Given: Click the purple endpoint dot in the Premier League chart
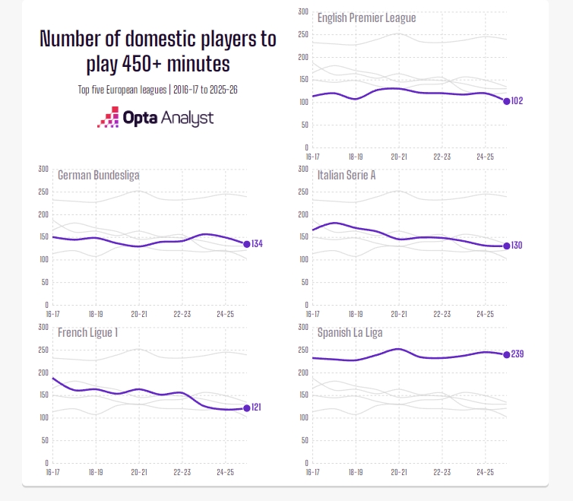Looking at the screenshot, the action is (506, 101).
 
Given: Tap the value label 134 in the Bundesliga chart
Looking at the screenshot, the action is (257, 243).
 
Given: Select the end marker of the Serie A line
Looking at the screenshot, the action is (506, 246).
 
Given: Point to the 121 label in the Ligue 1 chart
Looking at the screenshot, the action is (256, 407).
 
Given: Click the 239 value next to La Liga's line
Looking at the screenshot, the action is (517, 354).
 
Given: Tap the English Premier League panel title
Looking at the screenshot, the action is (366, 18).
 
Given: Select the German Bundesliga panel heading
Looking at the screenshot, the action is (98, 175).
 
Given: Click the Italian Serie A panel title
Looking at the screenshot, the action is (346, 175).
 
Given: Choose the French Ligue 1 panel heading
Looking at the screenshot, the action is (87, 333).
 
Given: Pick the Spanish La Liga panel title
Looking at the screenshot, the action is (350, 333).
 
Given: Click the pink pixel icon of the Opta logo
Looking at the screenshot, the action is (108, 117).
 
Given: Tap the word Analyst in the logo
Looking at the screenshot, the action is (187, 118).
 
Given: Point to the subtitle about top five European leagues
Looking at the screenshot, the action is (157, 90).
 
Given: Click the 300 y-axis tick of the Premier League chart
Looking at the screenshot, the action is (303, 11).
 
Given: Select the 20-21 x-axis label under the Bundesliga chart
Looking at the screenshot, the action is (139, 314).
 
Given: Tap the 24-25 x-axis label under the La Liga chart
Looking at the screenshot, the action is (485, 472).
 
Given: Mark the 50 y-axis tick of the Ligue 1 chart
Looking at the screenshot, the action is (45, 440).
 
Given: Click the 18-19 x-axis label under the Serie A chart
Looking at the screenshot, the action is (356, 314).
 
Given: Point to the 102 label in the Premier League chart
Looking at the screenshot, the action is (517, 101).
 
